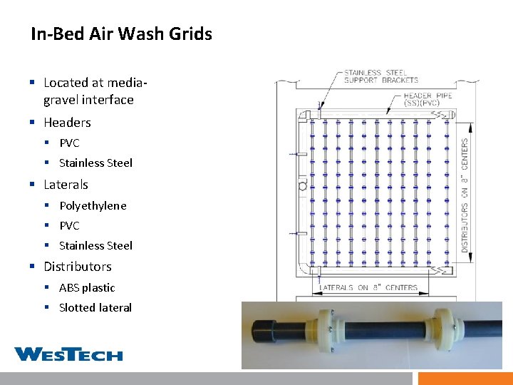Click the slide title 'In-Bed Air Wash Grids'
point(121,34)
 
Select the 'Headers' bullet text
point(67,123)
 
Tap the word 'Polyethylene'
point(93,205)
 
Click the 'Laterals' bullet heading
point(66,185)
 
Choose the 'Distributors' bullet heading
point(77,267)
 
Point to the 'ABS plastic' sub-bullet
point(87,288)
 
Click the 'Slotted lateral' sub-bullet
point(95,308)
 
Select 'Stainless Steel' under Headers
point(95,163)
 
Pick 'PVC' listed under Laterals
point(69,226)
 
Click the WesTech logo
point(68,354)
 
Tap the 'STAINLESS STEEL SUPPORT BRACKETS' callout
point(380,76)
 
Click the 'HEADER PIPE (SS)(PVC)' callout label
point(427,100)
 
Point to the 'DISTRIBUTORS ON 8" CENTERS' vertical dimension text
point(465,195)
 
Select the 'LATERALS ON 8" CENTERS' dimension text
point(368,288)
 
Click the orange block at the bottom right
point(465,378)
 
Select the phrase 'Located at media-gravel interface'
point(88,91)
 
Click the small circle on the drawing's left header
point(302,186)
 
